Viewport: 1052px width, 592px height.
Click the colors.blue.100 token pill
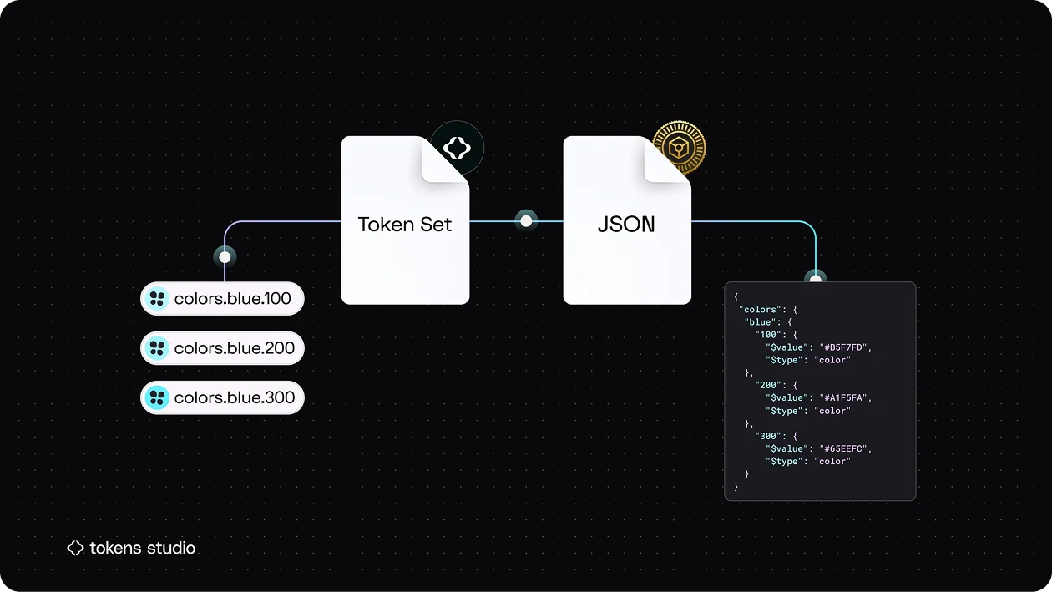[222, 298]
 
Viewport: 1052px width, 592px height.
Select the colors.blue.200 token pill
[222, 348]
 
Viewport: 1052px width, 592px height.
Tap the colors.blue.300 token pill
[222, 397]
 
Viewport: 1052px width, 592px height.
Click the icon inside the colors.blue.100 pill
[157, 298]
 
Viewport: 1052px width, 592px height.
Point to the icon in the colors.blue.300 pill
[157, 397]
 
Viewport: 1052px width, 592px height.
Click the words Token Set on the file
[404, 224]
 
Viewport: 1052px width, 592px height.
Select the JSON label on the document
[626, 224]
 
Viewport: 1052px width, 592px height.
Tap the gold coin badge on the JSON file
[679, 148]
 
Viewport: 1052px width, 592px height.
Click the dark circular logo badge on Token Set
[457, 148]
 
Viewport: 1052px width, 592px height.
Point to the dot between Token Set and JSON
[526, 220]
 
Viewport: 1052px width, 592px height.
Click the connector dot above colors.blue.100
[225, 257]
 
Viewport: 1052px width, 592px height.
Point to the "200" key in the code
[768, 385]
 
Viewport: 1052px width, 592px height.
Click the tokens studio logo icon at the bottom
[75, 548]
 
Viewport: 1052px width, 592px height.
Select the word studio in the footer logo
[171, 548]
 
